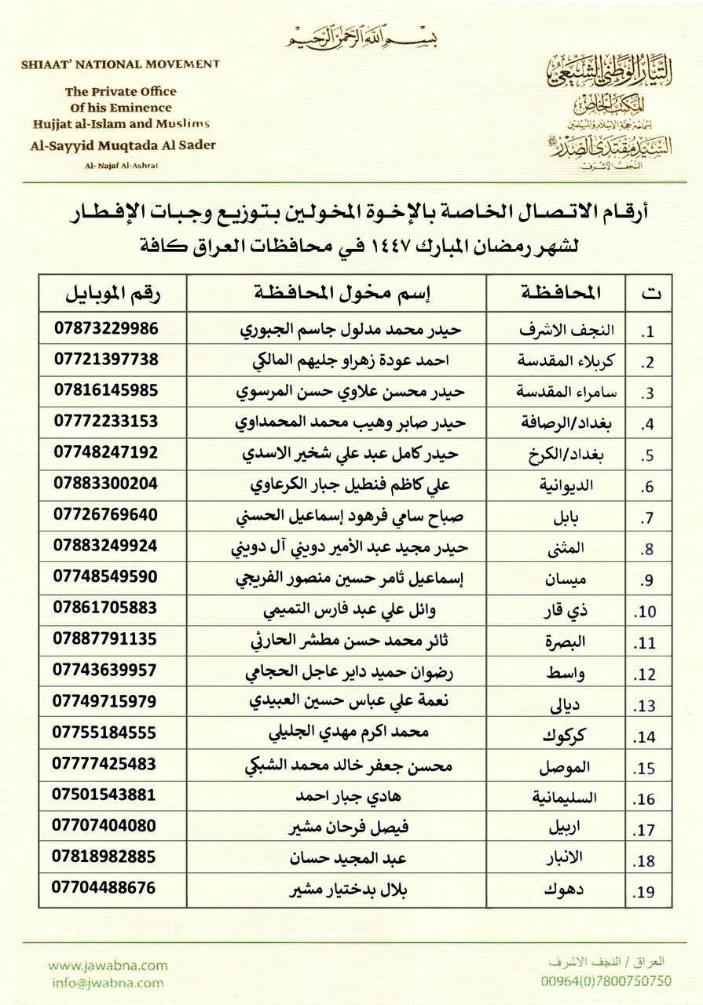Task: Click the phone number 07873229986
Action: click(106, 328)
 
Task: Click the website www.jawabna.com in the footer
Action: click(108, 966)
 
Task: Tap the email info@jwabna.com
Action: click(106, 981)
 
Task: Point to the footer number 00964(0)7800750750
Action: click(607, 981)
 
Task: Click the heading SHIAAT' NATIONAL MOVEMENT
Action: click(115, 64)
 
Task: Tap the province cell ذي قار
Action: click(580, 609)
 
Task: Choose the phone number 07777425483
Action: click(106, 763)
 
